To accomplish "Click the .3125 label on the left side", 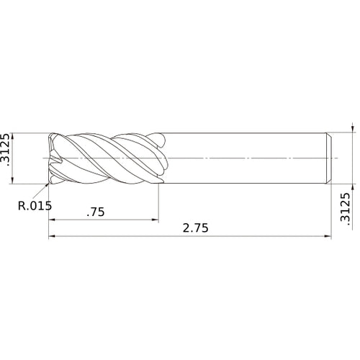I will point(7,150).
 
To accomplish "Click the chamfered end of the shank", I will point(329,157).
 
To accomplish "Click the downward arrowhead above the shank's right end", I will point(352,130).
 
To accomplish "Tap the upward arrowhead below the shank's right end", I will point(352,184).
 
